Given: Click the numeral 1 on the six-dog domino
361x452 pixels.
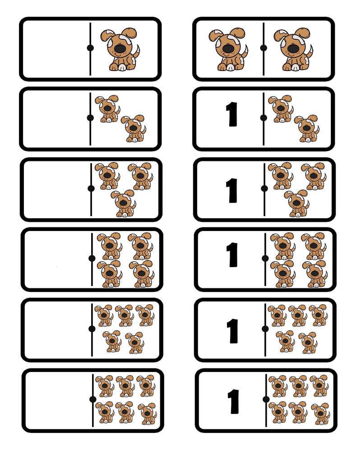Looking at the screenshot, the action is click(x=233, y=401).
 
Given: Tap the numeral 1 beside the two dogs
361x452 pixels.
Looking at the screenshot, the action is click(x=231, y=114).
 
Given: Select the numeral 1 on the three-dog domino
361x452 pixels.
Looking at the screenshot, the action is click(x=232, y=190).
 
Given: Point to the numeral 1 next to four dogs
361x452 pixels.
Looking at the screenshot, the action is click(x=232, y=254).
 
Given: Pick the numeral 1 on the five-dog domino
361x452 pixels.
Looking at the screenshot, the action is click(x=232, y=331).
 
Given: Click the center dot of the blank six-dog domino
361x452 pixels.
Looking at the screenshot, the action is click(x=93, y=399).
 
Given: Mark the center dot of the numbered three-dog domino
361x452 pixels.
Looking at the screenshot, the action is click(x=264, y=188).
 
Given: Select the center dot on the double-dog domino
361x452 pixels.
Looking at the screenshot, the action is click(x=263, y=47).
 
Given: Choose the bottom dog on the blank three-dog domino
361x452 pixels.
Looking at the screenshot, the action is click(x=124, y=203).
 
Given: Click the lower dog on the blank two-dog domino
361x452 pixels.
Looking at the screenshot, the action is click(x=133, y=128).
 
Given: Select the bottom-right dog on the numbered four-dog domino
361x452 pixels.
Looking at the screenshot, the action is click(x=315, y=274).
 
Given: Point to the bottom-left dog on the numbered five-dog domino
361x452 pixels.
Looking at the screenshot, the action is click(x=285, y=342).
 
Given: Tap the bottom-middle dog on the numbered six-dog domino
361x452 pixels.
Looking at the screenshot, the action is click(x=299, y=413).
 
